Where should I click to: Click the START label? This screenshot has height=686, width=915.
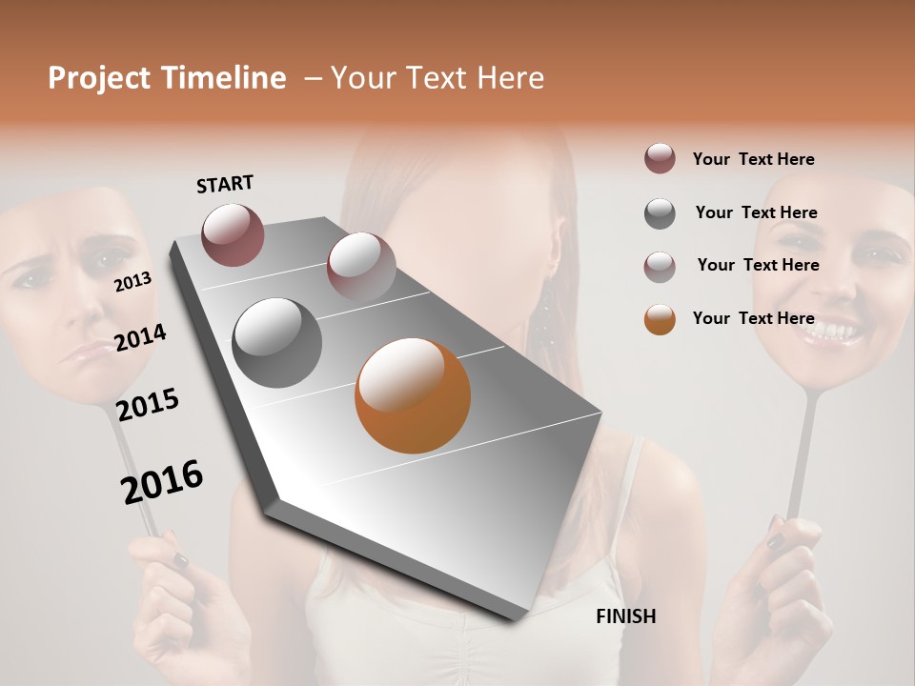pyautogui.click(x=225, y=184)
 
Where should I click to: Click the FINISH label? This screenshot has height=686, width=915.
pyautogui.click(x=625, y=616)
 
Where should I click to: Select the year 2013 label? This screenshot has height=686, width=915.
pyautogui.click(x=132, y=282)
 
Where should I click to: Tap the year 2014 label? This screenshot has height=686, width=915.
pyautogui.click(x=140, y=337)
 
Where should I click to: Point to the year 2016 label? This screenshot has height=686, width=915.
pyautogui.click(x=162, y=482)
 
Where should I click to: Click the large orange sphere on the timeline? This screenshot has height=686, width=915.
pyautogui.click(x=413, y=395)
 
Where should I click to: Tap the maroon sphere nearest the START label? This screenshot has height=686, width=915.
pyautogui.click(x=233, y=234)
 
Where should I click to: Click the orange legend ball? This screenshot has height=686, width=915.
pyautogui.click(x=660, y=319)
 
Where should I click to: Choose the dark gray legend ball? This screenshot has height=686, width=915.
pyautogui.click(x=660, y=213)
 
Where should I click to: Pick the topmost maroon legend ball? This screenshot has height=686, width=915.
pyautogui.click(x=660, y=159)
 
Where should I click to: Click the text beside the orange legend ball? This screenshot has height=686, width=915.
pyautogui.click(x=753, y=318)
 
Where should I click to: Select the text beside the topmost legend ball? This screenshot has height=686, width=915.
pyautogui.click(x=753, y=159)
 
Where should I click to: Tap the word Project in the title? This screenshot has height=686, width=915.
pyautogui.click(x=98, y=78)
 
